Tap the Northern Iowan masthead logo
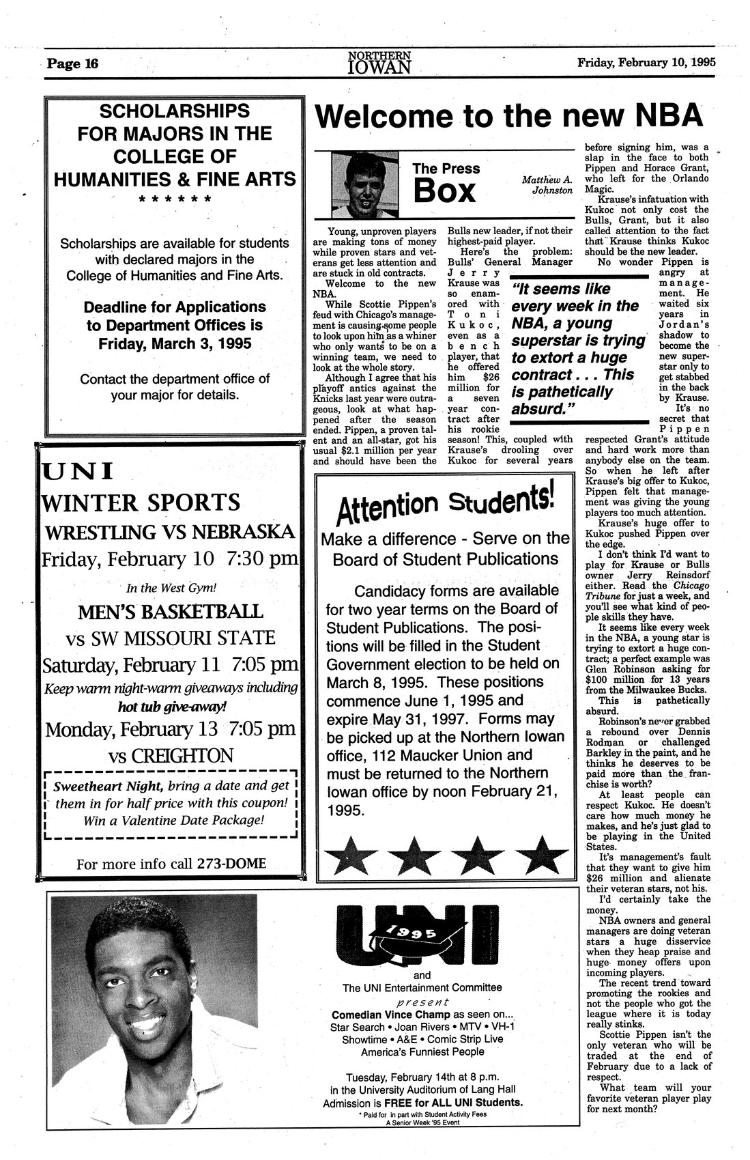(x=379, y=62)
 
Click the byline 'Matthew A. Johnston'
(x=547, y=185)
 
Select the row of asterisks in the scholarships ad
(x=174, y=200)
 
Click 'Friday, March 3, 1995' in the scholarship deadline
(x=174, y=343)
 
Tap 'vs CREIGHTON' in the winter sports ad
(x=171, y=756)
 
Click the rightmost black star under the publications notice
(x=543, y=855)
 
